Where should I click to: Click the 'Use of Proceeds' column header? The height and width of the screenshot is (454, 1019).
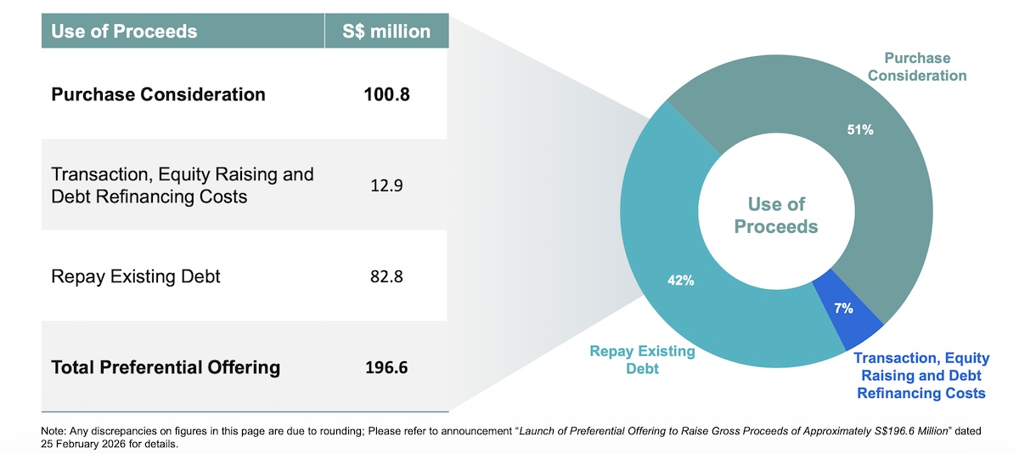pyautogui.click(x=124, y=31)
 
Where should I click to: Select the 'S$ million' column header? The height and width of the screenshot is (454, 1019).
pyautogui.click(x=386, y=31)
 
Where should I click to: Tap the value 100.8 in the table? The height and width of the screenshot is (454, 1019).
pyautogui.click(x=386, y=94)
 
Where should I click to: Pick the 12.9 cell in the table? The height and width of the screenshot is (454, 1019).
pyautogui.click(x=386, y=185)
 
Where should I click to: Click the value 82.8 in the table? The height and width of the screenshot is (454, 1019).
pyautogui.click(x=386, y=276)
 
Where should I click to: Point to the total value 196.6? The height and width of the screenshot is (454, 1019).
pyautogui.click(x=386, y=367)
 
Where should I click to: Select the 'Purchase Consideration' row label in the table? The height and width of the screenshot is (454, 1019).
pyautogui.click(x=158, y=94)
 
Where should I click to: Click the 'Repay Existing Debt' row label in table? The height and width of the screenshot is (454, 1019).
pyautogui.click(x=136, y=276)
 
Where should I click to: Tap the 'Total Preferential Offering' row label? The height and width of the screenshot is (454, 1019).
pyautogui.click(x=166, y=367)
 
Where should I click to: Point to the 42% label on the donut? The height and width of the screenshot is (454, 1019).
pyautogui.click(x=680, y=281)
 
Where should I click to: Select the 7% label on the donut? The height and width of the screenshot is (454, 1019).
pyautogui.click(x=843, y=309)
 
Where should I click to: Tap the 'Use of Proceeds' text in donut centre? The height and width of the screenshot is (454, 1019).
pyautogui.click(x=776, y=215)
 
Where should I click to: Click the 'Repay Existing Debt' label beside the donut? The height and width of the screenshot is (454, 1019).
pyautogui.click(x=642, y=360)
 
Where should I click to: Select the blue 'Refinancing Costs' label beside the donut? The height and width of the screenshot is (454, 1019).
pyautogui.click(x=921, y=393)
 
